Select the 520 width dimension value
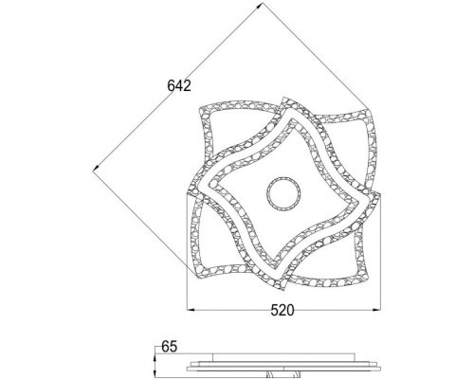[x=283, y=309]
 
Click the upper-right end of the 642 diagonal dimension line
[x=259, y=9]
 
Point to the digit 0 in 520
[x=291, y=309]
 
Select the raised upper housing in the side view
[x=282, y=358]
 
